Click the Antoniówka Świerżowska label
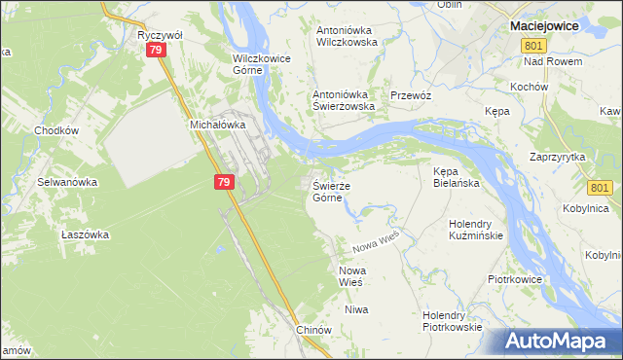point(343,100)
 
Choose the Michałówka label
point(214,126)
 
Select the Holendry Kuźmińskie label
point(475,230)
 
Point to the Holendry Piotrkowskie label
point(453,321)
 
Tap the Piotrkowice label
point(517,279)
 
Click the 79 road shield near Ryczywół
point(156,54)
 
